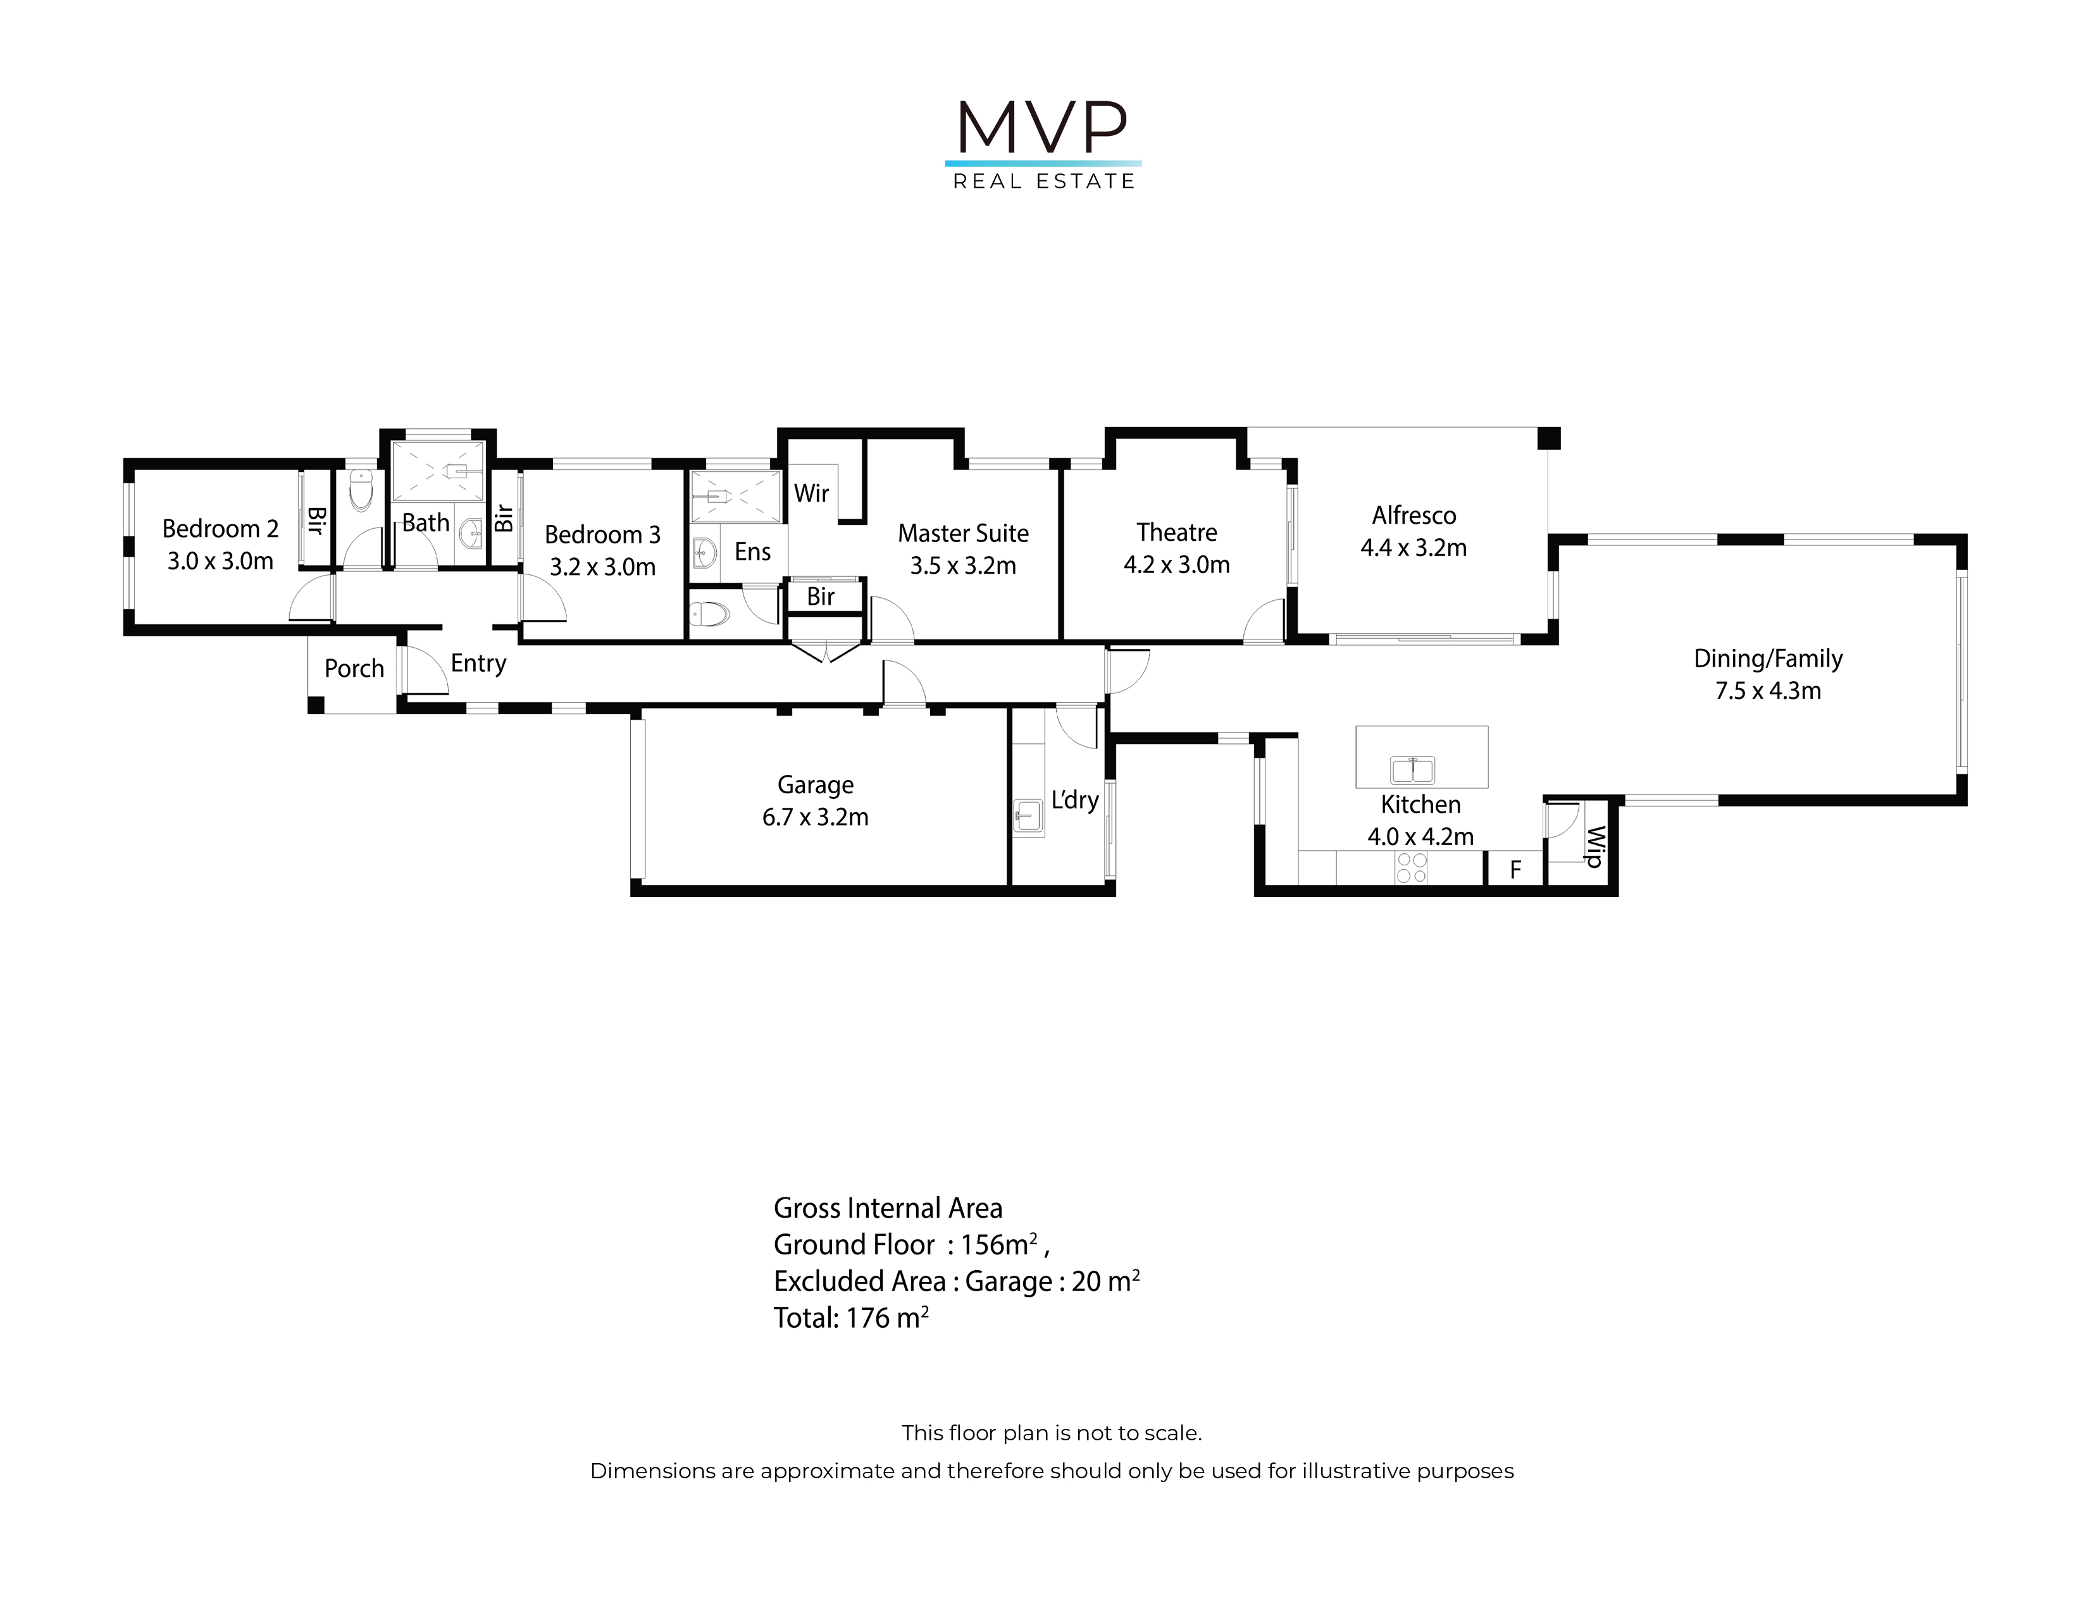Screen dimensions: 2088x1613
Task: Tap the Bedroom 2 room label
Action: (x=220, y=528)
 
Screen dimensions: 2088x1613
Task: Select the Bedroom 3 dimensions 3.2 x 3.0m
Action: (x=602, y=567)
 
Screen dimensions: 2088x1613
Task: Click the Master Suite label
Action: (x=963, y=533)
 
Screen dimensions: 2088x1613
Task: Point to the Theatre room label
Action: (x=1177, y=532)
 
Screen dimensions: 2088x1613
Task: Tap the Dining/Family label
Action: (x=1768, y=658)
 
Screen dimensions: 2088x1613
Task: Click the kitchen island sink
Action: (x=1413, y=769)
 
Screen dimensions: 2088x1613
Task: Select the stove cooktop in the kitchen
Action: (x=1411, y=868)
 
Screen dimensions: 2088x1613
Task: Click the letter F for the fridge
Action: (x=1515, y=870)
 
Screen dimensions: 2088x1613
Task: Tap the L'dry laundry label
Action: (x=1074, y=800)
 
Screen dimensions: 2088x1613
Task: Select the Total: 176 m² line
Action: (x=851, y=1318)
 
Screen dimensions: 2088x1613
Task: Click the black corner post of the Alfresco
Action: (x=1549, y=438)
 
